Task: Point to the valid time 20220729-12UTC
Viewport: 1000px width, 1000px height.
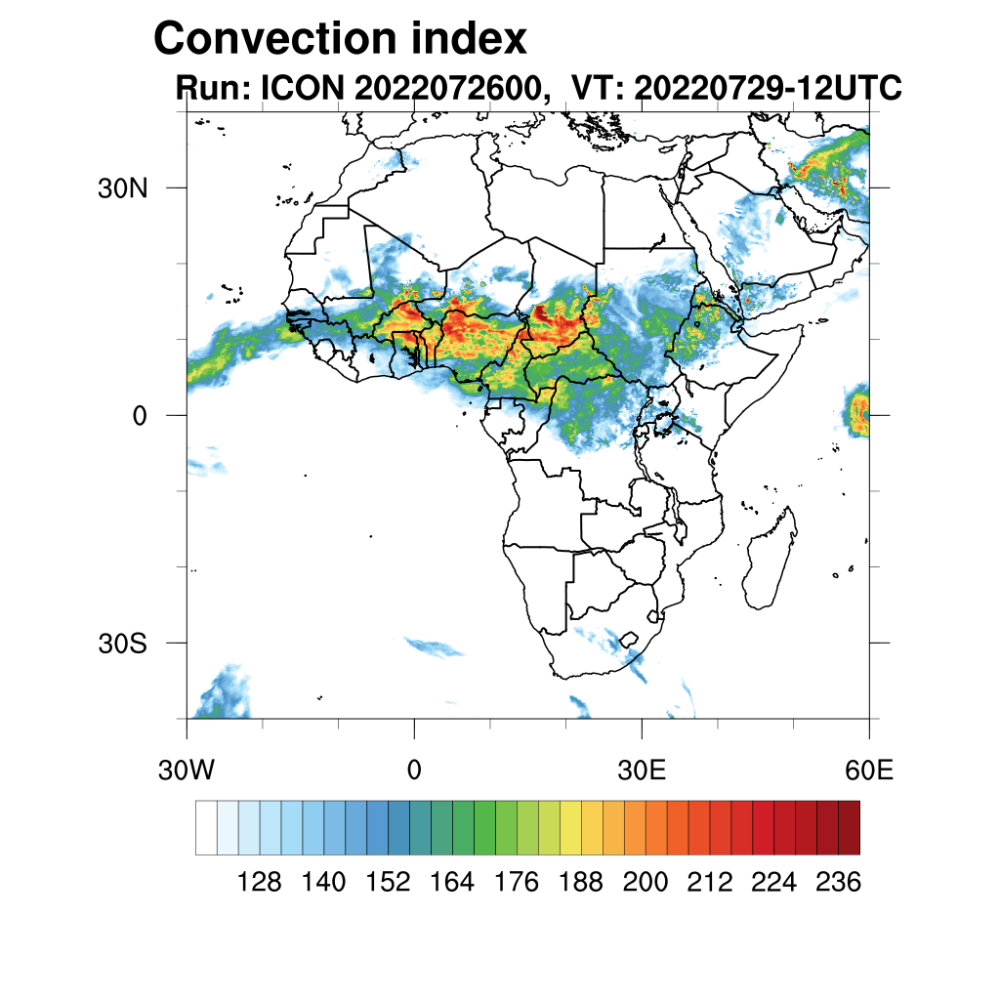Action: (767, 89)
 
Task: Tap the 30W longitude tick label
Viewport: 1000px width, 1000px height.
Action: (186, 770)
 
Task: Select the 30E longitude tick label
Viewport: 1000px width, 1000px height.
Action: (642, 770)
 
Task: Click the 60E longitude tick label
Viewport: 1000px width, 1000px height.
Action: (868, 770)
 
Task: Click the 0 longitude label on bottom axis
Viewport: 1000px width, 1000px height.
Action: (414, 770)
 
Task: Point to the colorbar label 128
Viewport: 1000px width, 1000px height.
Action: (259, 883)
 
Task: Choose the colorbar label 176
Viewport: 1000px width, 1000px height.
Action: (517, 883)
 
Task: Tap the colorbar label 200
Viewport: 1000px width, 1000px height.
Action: (645, 883)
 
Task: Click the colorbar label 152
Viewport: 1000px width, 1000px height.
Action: (388, 883)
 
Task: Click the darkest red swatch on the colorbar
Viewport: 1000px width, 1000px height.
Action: (849, 827)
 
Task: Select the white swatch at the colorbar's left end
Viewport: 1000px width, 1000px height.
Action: (206, 827)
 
